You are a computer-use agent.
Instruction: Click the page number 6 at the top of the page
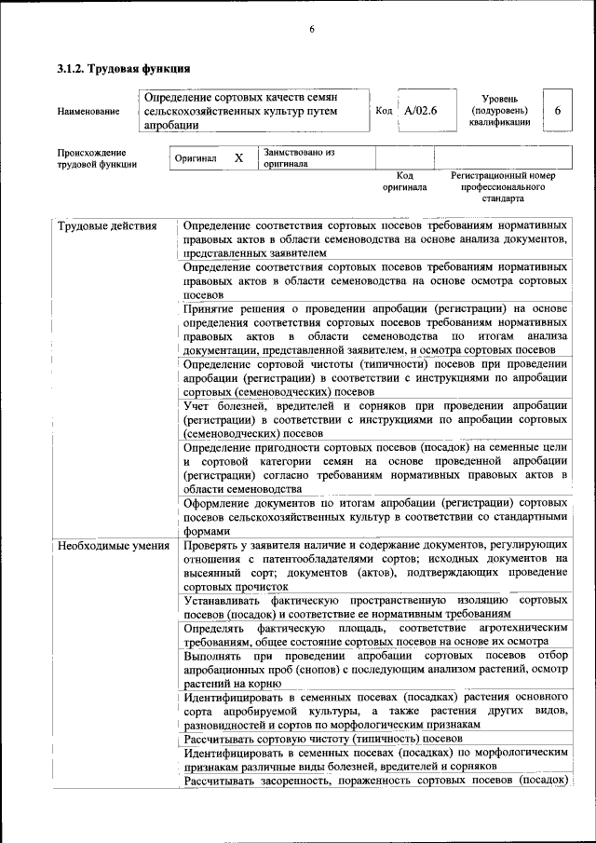[312, 29]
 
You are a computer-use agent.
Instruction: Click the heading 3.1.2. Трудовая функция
[124, 69]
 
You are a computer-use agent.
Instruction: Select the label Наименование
[88, 112]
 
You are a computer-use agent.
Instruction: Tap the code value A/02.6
[421, 111]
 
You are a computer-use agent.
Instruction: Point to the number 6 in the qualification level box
[557, 111]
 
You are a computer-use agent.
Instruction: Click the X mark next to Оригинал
[238, 158]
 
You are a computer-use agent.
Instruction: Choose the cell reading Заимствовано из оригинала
[299, 156]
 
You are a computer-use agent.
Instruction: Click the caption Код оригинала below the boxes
[404, 181]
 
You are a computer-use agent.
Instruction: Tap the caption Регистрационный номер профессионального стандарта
[503, 186]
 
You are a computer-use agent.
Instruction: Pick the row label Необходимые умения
[113, 546]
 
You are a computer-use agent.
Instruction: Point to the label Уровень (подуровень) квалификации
[500, 110]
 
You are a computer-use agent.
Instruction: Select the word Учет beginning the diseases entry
[198, 406]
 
